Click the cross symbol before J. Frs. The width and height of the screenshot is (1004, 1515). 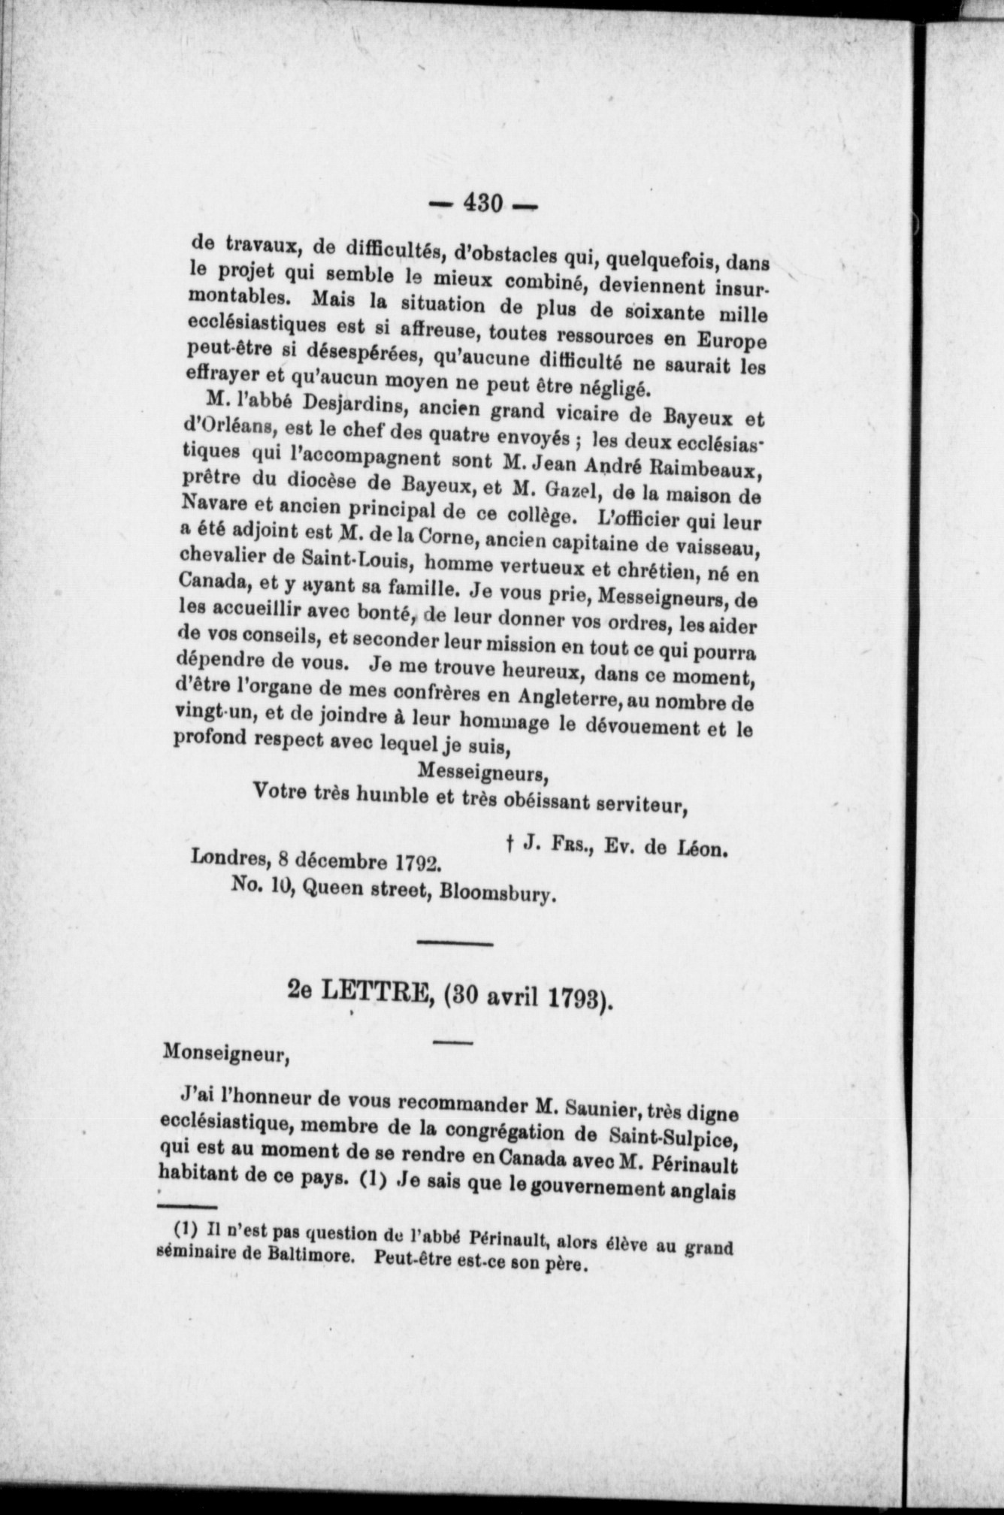tap(510, 845)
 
